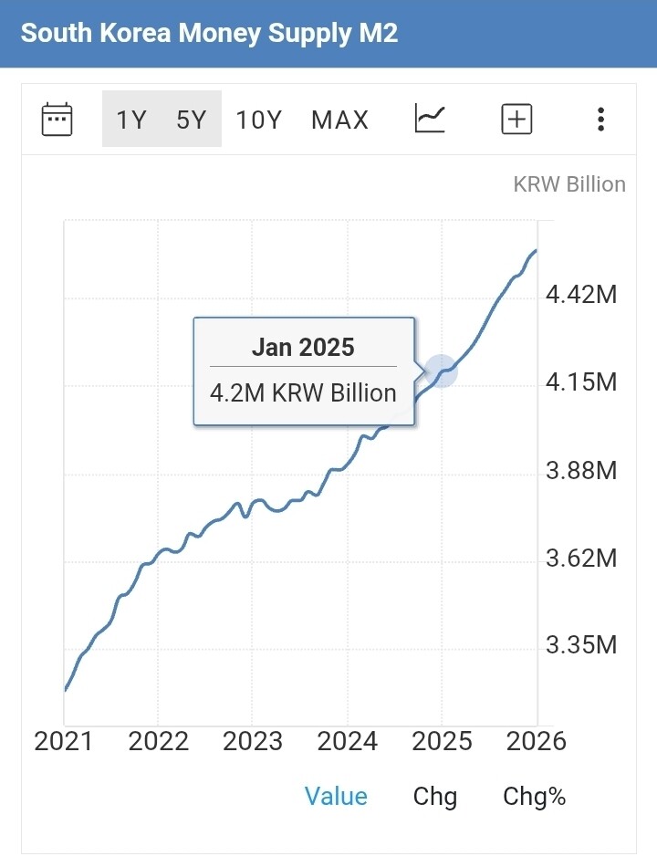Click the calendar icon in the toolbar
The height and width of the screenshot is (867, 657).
(x=57, y=120)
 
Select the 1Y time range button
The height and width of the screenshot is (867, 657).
(x=131, y=120)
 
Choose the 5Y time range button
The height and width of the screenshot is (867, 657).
(x=192, y=120)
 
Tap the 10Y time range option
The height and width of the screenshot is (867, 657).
(x=259, y=120)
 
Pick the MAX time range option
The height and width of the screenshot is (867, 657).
(x=339, y=120)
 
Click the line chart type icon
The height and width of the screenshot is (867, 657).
(x=430, y=119)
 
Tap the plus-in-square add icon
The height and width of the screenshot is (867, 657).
(x=516, y=120)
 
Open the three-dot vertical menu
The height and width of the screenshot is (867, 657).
(x=600, y=120)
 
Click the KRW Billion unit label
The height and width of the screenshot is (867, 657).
(x=569, y=184)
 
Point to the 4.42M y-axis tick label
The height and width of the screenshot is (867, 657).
(x=581, y=295)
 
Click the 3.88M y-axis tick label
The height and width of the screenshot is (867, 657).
(x=581, y=471)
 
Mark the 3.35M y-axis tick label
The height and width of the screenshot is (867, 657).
(x=581, y=646)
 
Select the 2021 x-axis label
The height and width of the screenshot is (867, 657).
(x=64, y=741)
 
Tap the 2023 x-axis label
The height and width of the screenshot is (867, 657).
(x=253, y=741)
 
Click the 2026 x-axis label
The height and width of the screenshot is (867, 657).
(x=536, y=741)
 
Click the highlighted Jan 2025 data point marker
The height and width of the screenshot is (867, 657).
(x=441, y=371)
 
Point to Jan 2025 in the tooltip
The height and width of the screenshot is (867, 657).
(x=303, y=347)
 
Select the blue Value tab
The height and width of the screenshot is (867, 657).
(x=336, y=797)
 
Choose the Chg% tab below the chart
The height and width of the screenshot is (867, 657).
(x=535, y=797)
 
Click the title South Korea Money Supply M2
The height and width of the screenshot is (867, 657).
(x=209, y=34)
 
